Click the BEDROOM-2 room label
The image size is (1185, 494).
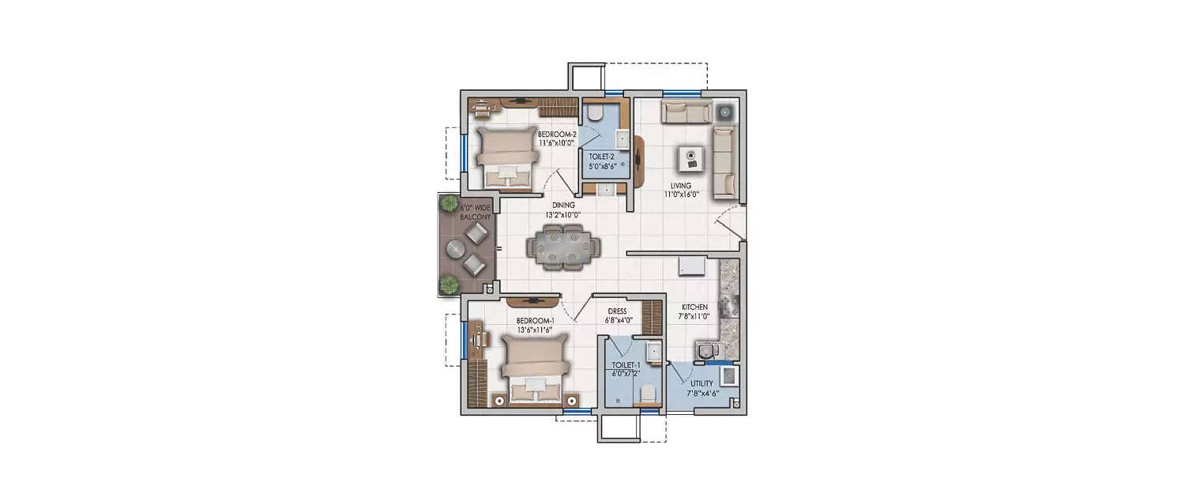(557, 134)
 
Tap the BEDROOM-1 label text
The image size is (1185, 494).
(536, 320)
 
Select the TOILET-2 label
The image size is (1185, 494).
(603, 156)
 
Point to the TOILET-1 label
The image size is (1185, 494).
(626, 365)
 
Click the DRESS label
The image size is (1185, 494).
(617, 311)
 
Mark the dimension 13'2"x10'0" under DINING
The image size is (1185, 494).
(562, 214)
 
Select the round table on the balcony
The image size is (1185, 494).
(457, 250)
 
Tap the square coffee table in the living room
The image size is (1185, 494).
(689, 158)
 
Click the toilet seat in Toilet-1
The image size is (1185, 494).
(647, 394)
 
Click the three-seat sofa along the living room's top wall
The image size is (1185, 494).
(686, 113)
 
